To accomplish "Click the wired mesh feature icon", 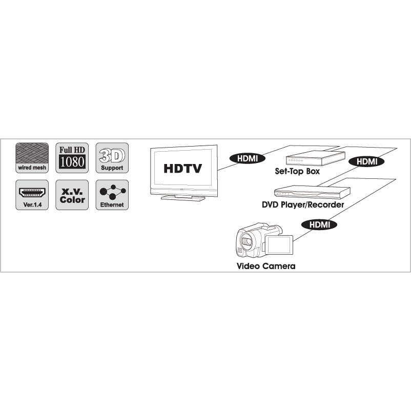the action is [32, 158].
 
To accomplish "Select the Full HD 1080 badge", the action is [72, 158].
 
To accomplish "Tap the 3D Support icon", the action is [112, 158].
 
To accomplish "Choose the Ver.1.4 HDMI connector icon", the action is [32, 195].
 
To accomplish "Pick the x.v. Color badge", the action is [72, 195].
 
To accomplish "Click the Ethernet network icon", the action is [112, 195].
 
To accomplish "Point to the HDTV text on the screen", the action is [183, 169].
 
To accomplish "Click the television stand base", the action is [183, 198].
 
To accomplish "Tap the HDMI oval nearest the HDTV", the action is [248, 158].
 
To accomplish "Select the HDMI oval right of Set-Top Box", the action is [366, 161].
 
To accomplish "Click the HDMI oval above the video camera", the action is [319, 224].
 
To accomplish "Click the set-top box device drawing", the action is [315, 158].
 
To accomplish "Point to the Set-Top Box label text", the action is [297, 172].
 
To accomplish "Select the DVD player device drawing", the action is [312, 192].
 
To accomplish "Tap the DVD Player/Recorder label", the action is [303, 204].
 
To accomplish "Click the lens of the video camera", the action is [246, 242].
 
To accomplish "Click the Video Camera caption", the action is [266, 266].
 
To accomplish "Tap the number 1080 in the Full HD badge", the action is [72, 161].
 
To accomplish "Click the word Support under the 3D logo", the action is [112, 168].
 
